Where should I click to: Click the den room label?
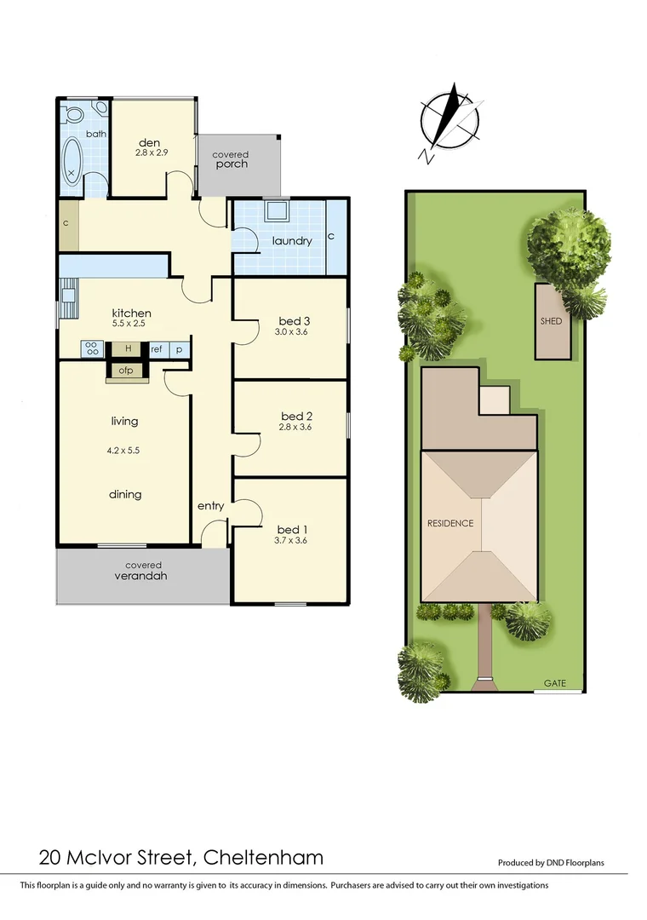coord(150,142)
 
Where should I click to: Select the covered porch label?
coord(231,159)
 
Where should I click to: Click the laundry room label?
coord(292,241)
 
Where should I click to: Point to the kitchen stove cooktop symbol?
coord(91,348)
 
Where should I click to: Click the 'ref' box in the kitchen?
coord(157,348)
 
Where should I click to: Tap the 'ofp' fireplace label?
coord(126,370)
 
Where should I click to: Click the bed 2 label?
coord(295,417)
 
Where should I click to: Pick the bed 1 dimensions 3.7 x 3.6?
coord(290,539)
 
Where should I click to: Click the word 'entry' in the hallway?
coord(210,506)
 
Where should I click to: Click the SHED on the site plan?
coord(552,322)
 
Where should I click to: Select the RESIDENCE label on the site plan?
coord(449,523)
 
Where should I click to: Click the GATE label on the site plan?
coord(555,683)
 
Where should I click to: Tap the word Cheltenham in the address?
coord(264,856)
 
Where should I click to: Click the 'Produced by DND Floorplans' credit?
coord(551,862)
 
